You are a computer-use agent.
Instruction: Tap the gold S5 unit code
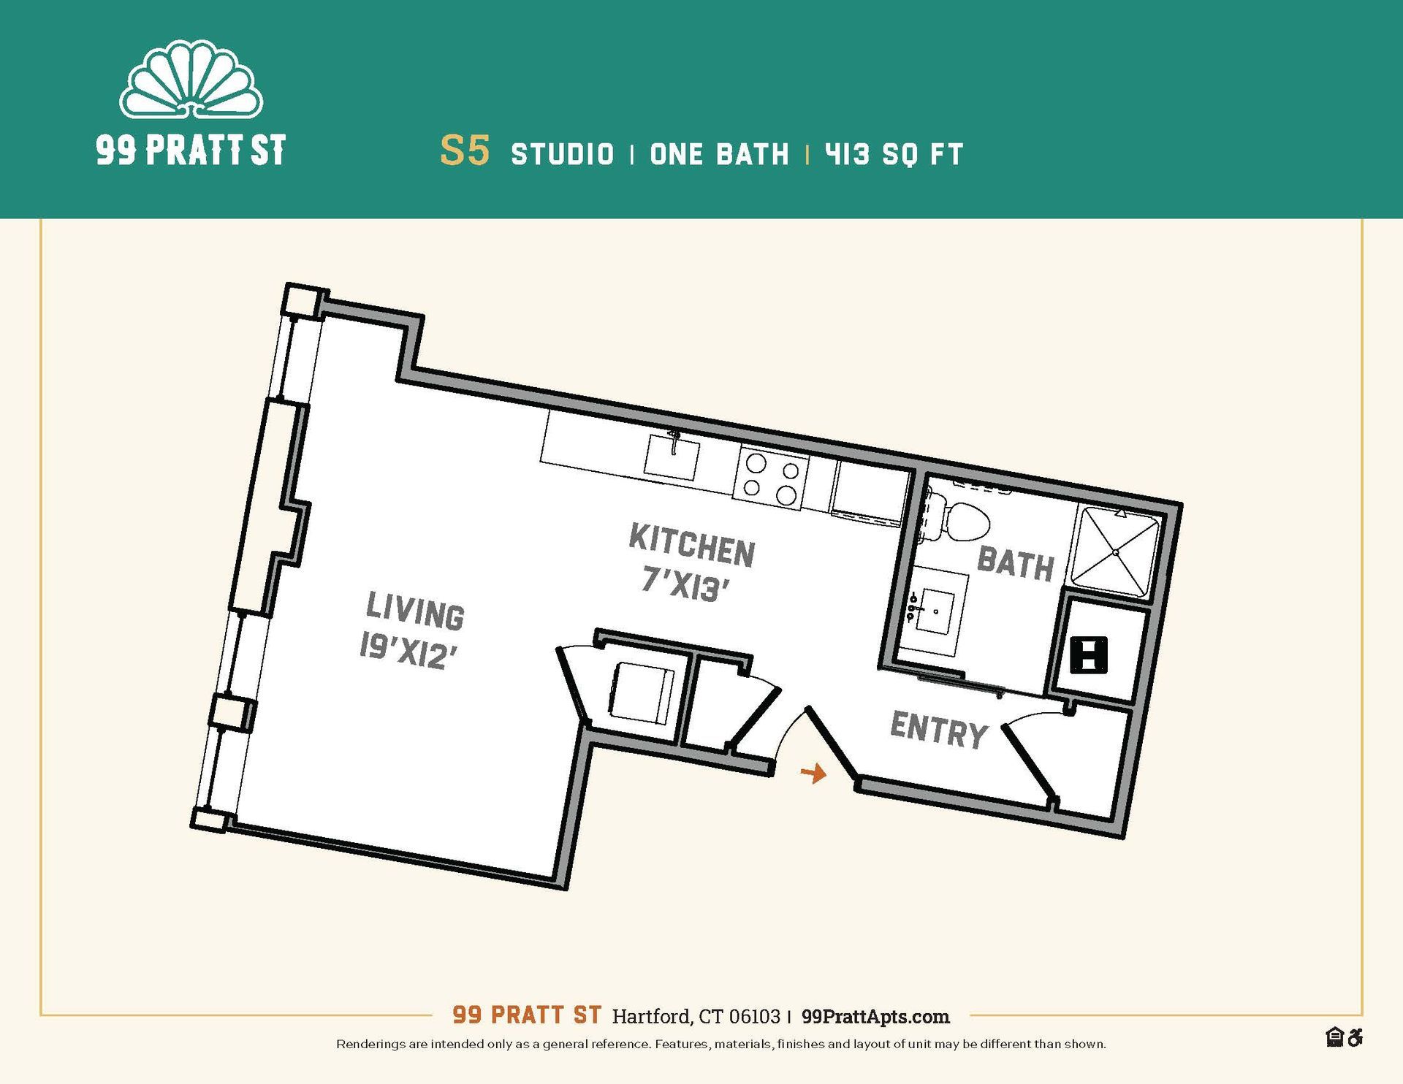click(464, 151)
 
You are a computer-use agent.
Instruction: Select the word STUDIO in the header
click(562, 154)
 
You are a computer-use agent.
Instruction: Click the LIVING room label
click(414, 611)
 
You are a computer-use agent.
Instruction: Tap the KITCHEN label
click(691, 545)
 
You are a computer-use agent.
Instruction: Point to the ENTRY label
click(938, 730)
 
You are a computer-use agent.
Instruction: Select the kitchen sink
click(671, 457)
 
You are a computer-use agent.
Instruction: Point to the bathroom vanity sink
click(932, 611)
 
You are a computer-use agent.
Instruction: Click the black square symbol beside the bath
click(1089, 654)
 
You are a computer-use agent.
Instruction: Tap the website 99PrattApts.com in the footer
click(875, 1017)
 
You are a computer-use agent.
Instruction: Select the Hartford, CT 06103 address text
click(696, 1017)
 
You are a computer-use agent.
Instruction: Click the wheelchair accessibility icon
click(1356, 1037)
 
